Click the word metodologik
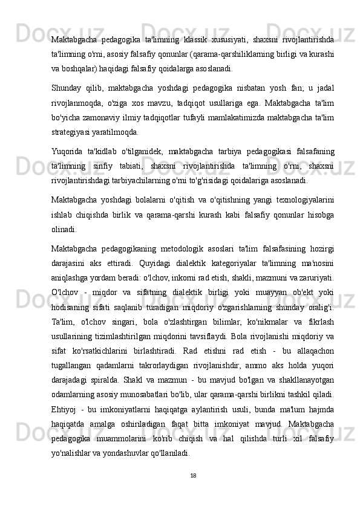point(183,246)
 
